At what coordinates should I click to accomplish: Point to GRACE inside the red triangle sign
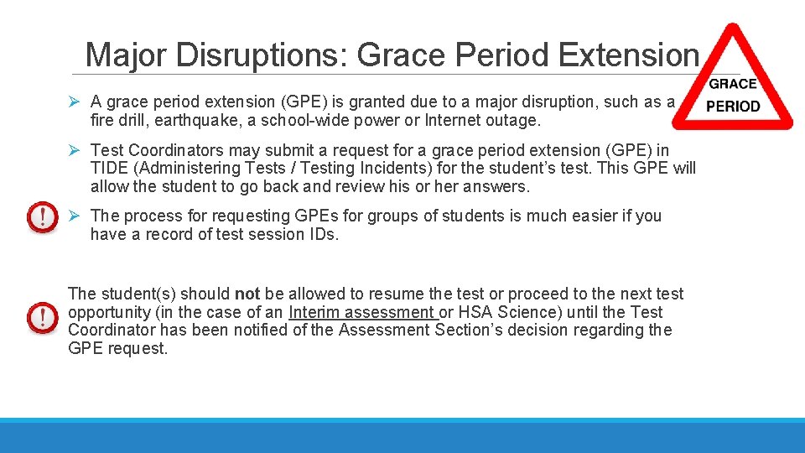coord(732,84)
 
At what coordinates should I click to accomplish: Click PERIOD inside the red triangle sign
coord(733,107)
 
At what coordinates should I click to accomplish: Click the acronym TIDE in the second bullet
coord(110,168)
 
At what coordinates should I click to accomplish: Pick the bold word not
coord(247,294)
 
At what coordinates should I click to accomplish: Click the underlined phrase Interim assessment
coord(361,312)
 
